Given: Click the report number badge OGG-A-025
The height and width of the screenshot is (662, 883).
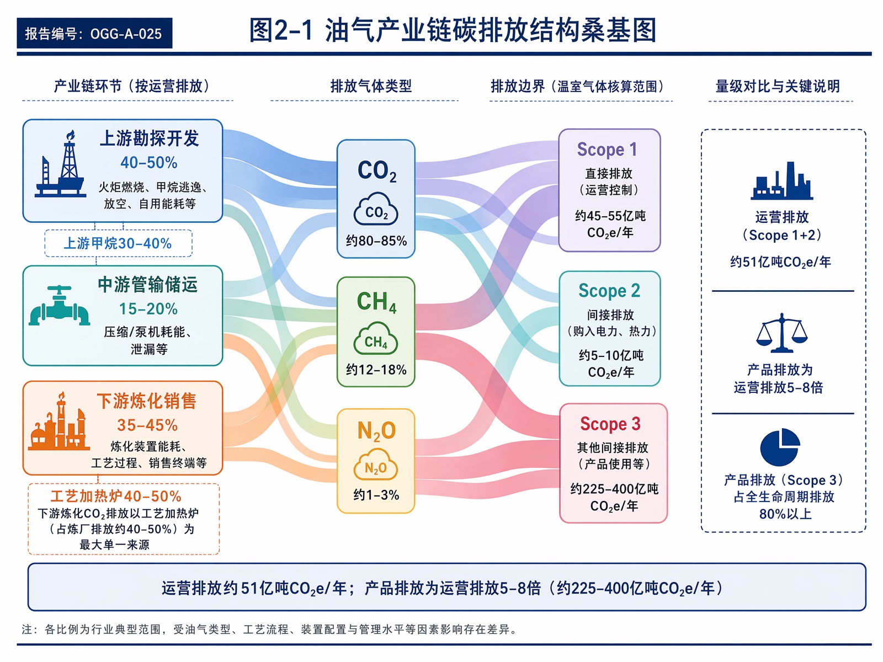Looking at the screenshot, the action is (94, 33).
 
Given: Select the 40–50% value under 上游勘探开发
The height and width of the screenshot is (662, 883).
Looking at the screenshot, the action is (149, 162).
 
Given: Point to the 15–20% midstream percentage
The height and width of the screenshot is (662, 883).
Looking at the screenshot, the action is (148, 309).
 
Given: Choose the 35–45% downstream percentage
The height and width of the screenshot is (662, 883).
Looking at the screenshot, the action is (147, 425).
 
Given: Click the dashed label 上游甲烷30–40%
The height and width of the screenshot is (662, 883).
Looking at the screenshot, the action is (118, 243).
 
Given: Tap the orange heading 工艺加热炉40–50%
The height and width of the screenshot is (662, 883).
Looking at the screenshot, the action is (116, 496).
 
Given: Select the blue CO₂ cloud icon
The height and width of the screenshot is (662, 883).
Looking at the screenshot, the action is (376, 209).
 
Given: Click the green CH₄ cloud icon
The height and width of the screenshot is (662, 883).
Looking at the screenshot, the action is (376, 338).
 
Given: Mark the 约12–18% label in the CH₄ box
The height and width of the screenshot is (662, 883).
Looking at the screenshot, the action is (376, 370).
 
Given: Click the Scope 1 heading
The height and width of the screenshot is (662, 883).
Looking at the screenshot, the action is (607, 149).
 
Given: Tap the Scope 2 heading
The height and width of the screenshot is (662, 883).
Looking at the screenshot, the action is (609, 290).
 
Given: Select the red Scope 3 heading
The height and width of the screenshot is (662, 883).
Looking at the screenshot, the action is (610, 424).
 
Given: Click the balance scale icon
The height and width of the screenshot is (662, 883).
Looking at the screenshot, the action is (781, 333).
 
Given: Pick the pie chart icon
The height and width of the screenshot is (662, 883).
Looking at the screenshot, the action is (780, 447).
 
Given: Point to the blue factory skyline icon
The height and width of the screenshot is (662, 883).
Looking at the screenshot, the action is (781, 180).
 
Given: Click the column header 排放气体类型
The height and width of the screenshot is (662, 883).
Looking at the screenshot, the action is (371, 86).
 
